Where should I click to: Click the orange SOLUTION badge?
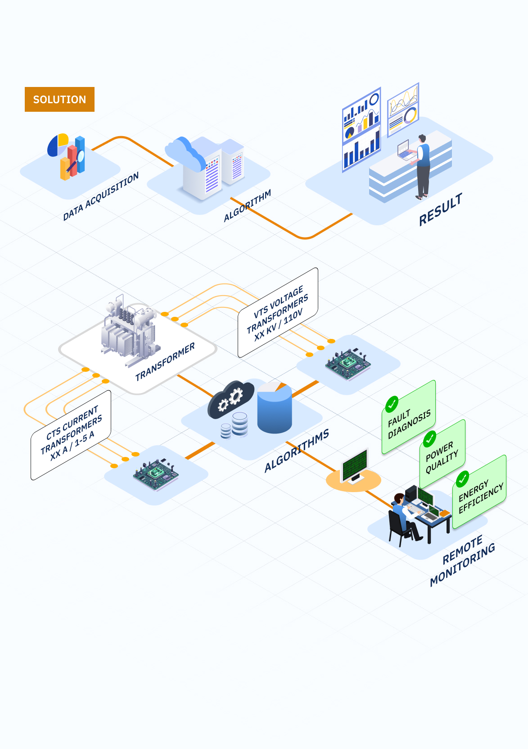(59, 99)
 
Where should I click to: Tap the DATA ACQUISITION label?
(101, 196)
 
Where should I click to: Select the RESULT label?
(440, 210)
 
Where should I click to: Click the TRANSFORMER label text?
(165, 361)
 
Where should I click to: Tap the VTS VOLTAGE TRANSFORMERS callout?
(278, 313)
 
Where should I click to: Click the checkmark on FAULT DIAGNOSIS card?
(392, 404)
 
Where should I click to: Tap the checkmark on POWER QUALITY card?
(430, 438)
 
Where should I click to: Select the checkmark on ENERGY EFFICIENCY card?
(463, 479)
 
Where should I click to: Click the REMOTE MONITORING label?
(462, 560)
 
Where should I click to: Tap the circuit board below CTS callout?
(155, 474)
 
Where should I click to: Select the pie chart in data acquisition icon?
(58, 145)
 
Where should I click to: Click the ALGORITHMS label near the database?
(297, 450)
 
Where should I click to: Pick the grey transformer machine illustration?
(130, 331)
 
